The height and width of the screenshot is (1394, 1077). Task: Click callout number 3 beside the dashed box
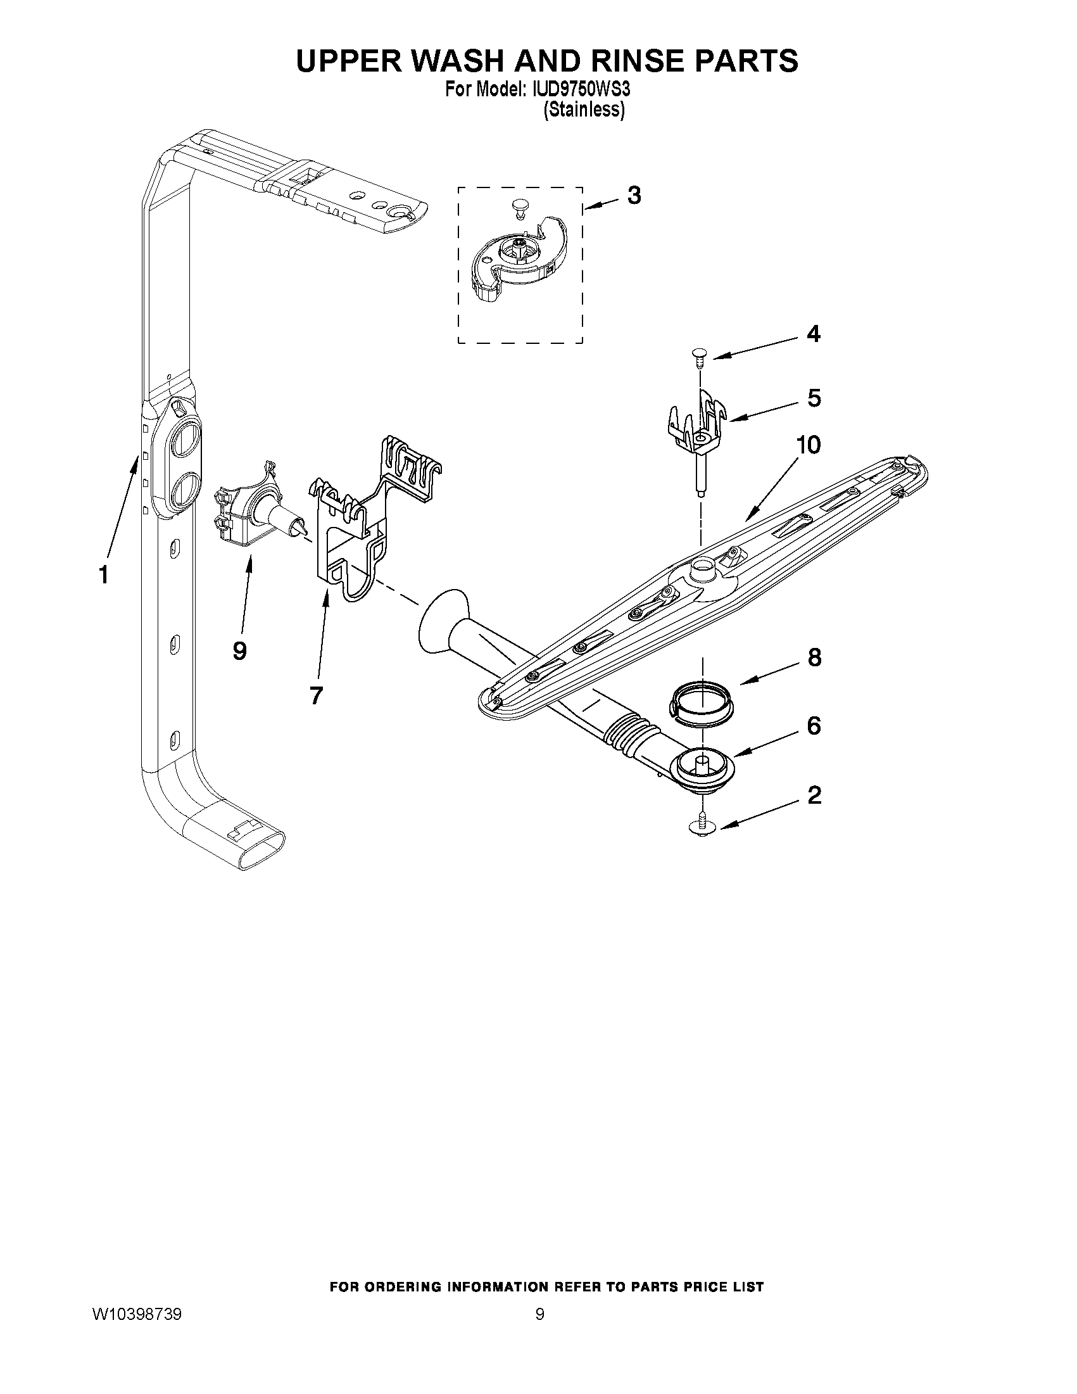coord(634,195)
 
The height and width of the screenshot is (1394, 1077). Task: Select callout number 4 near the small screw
coord(813,334)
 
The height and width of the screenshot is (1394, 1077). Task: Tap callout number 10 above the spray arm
coord(807,445)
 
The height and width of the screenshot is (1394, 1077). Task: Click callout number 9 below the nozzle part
coord(239,651)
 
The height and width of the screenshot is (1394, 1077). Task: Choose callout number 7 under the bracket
coord(316,695)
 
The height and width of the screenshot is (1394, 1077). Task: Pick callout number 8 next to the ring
coord(814,657)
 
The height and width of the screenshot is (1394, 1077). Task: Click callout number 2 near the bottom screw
coord(814,795)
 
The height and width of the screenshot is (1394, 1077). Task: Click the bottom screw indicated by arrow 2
coord(702,824)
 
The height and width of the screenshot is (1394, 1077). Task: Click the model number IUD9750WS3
coord(579,89)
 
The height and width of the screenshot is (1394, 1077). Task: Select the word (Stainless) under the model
coord(583,110)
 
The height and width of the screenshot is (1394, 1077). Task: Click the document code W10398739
coord(137,1314)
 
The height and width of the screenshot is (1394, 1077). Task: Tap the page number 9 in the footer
coord(539,1314)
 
